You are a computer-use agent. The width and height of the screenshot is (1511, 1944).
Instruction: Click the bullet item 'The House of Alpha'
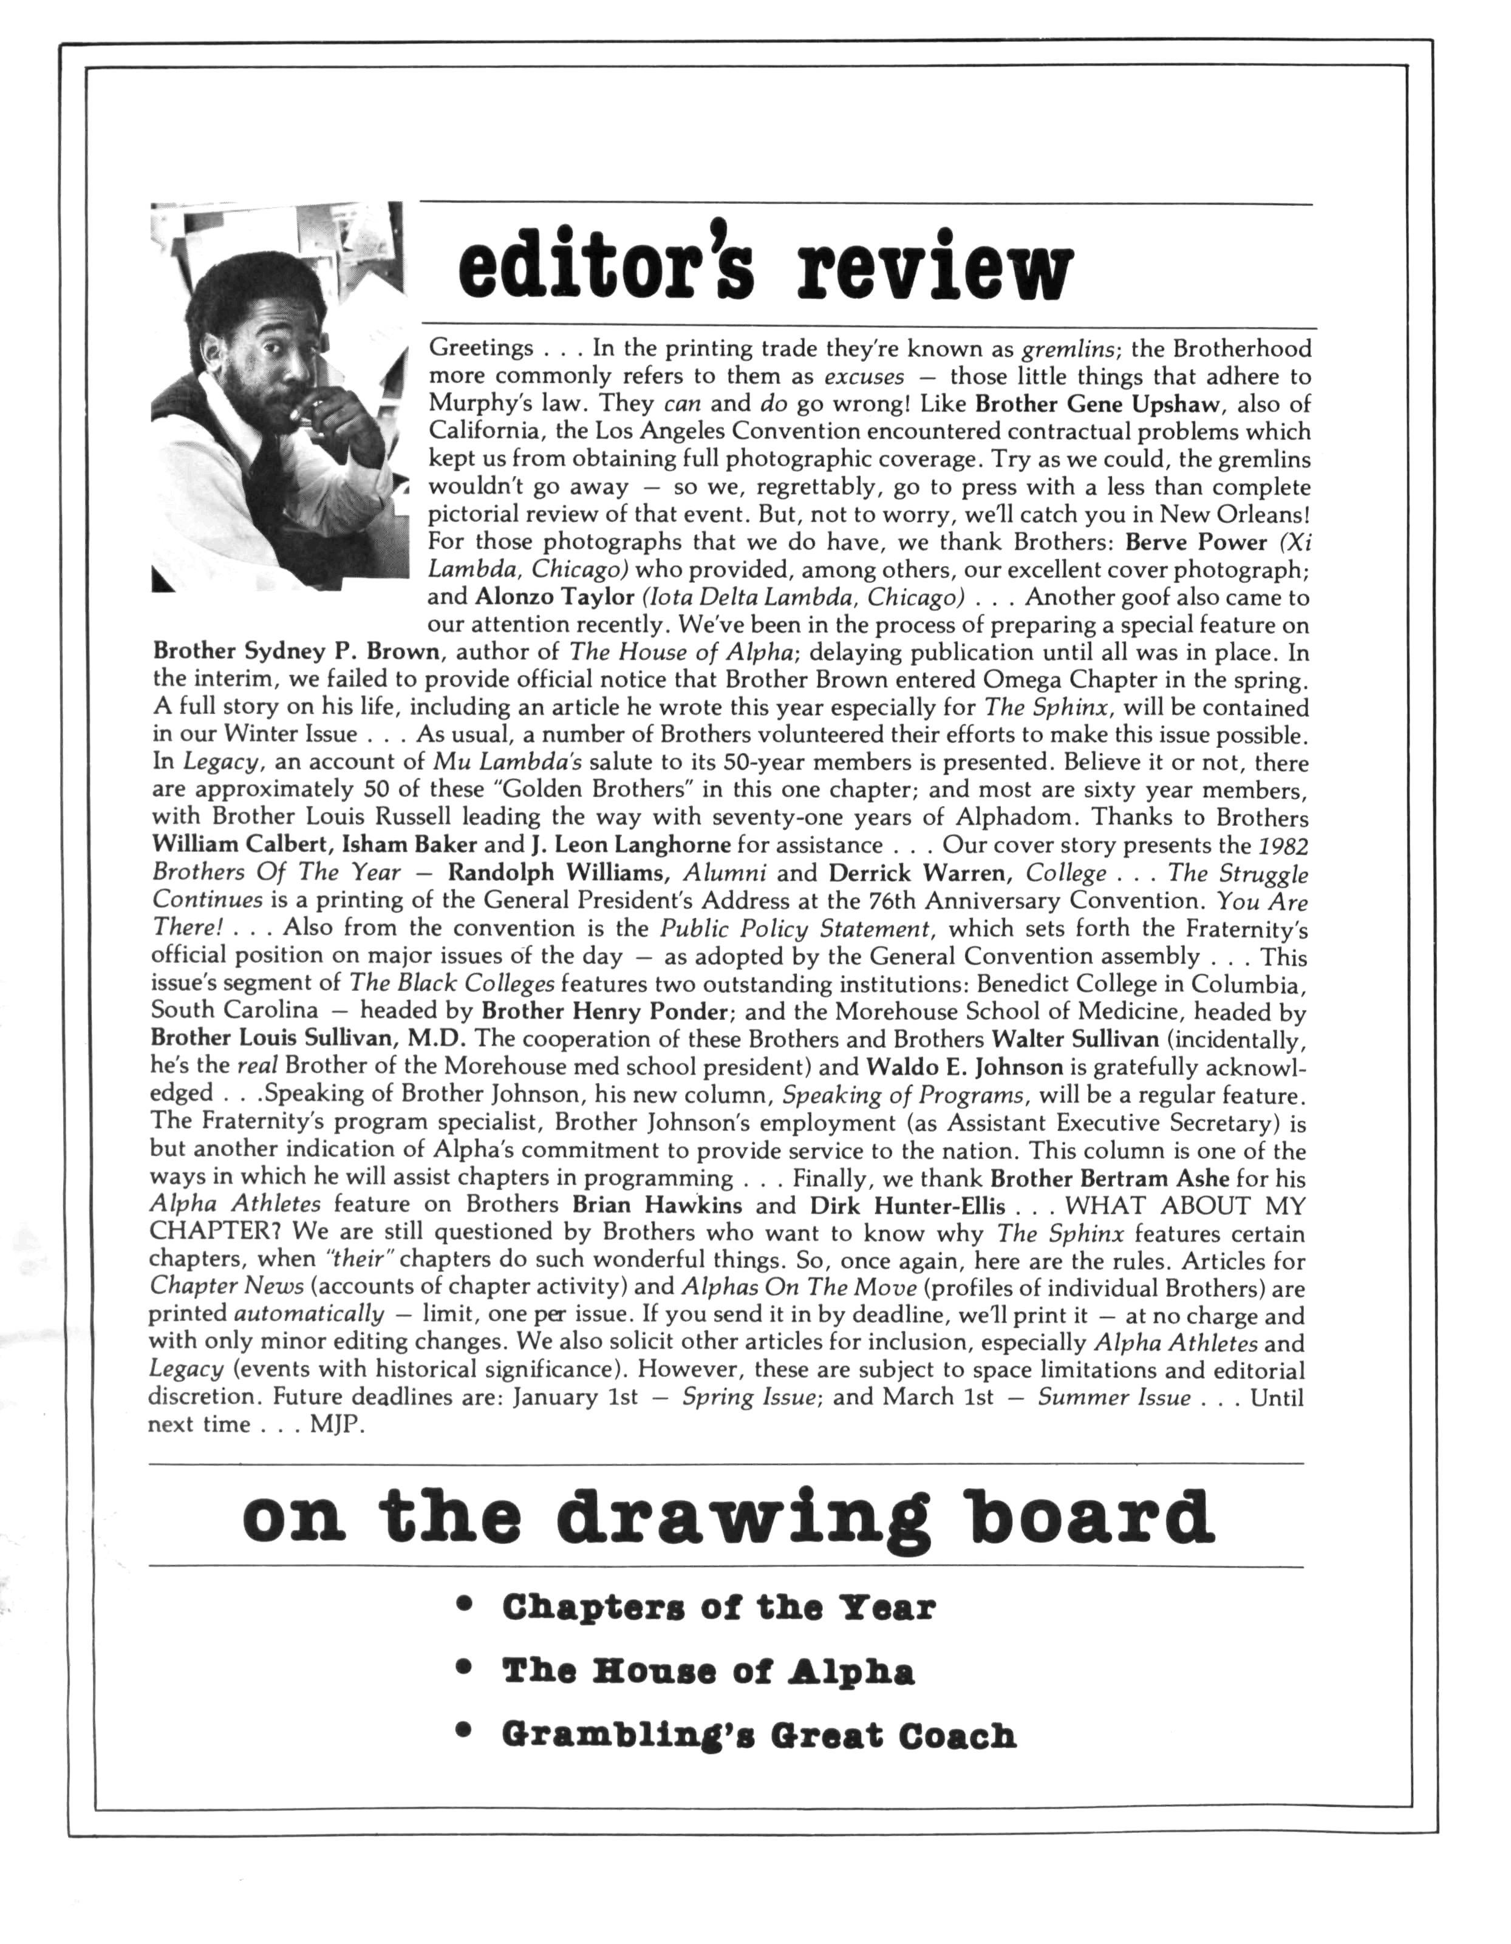(x=708, y=1671)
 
